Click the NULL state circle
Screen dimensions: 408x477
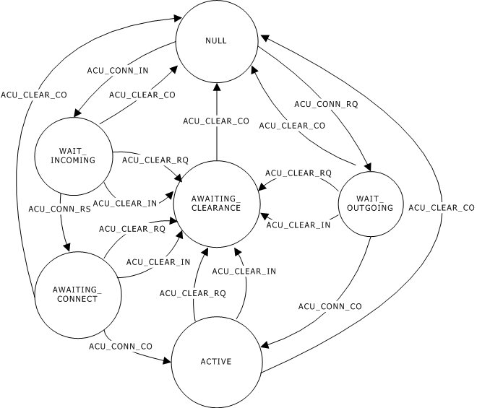click(215, 41)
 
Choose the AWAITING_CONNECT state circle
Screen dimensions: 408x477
click(77, 294)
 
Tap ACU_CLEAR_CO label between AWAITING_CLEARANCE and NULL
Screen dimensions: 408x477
click(215, 121)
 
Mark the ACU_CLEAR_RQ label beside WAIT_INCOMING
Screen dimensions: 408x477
click(145, 158)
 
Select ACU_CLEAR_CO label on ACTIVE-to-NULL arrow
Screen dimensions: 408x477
click(441, 208)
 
